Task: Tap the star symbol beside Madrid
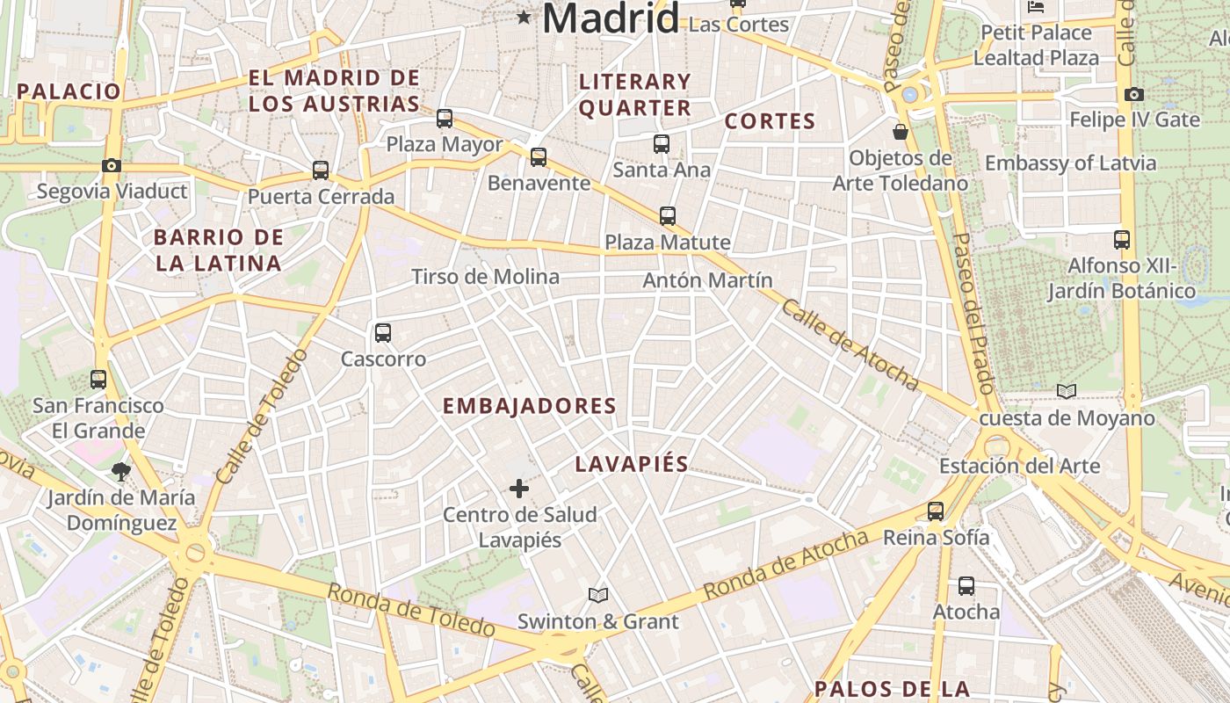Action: [525, 17]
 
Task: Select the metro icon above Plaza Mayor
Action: [445, 118]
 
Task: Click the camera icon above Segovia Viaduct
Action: [111, 165]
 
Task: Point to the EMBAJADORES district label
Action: [529, 406]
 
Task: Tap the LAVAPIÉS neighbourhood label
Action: [632, 464]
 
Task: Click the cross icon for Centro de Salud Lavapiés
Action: [519, 489]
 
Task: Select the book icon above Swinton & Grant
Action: [598, 596]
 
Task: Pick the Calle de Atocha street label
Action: [849, 344]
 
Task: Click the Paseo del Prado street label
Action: [973, 312]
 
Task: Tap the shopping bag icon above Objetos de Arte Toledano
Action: [900, 132]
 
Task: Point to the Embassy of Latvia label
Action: [1070, 163]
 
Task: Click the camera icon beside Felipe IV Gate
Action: [1134, 94]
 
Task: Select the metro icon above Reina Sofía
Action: [936, 511]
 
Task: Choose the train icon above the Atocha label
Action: [966, 585]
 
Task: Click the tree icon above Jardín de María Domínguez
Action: [121, 473]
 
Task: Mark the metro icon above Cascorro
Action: [383, 333]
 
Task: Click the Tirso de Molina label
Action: [485, 277]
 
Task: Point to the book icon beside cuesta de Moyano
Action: [1067, 391]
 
